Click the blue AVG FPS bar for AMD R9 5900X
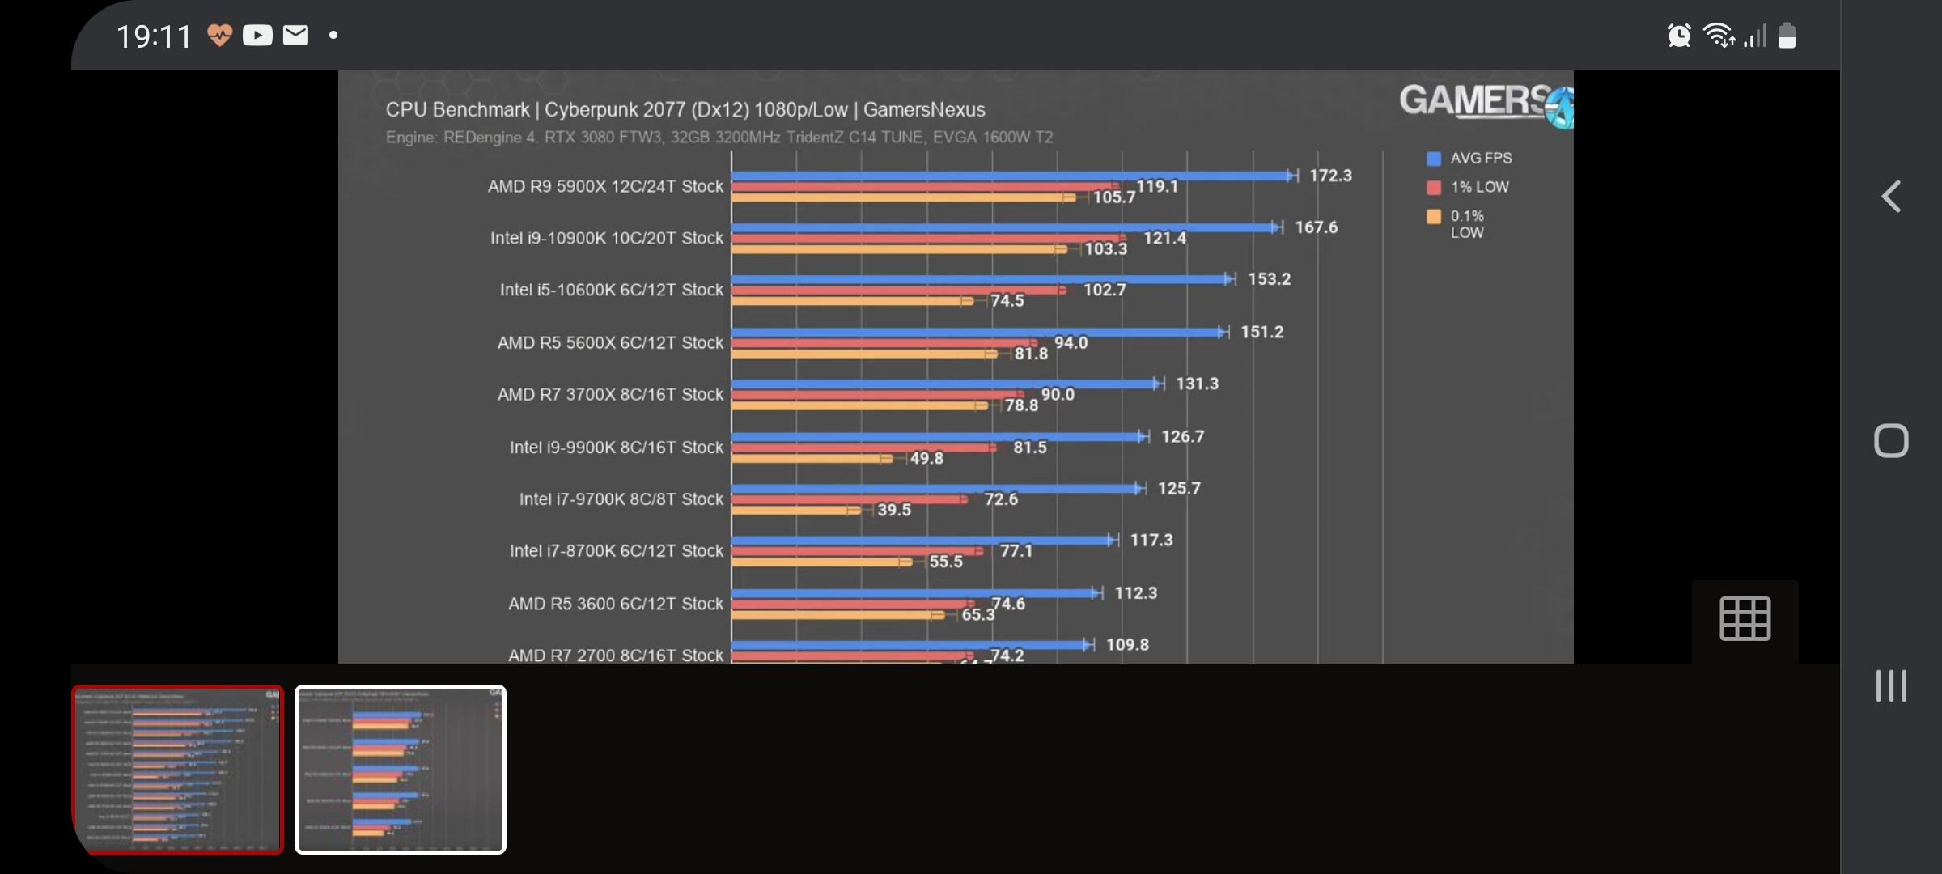[x=1011, y=176]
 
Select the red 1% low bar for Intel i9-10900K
[x=926, y=238]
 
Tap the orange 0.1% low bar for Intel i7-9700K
[x=793, y=510]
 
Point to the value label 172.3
[x=1330, y=176]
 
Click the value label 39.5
[x=894, y=510]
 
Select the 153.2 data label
[x=1269, y=279]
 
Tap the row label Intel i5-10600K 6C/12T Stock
[x=611, y=290]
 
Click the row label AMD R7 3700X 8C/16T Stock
[x=610, y=394]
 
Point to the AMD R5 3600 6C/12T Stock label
[x=615, y=604]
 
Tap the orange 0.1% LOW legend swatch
[x=1434, y=216]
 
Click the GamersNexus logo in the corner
[x=1485, y=103]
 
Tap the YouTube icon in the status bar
[x=257, y=36]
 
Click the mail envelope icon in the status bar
[x=296, y=35]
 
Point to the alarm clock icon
[x=1679, y=36]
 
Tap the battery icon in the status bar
[x=1787, y=36]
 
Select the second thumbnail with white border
[x=401, y=769]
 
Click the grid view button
[x=1745, y=619]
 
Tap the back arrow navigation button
[x=1891, y=196]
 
